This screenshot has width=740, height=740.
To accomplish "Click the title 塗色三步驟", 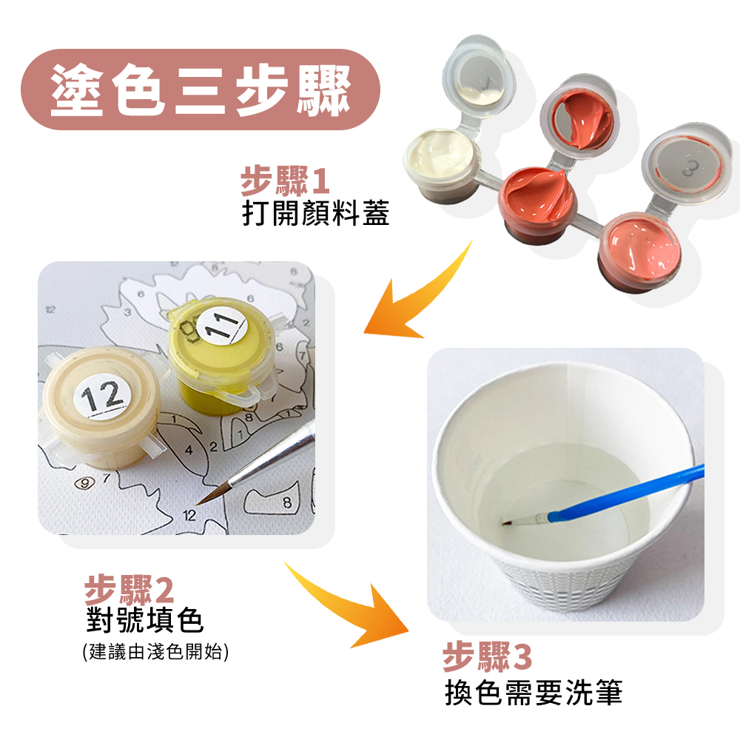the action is [x=201, y=90].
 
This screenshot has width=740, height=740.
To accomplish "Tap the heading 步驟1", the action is [x=285, y=181].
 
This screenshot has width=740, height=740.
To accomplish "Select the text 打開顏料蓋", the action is [x=315, y=213].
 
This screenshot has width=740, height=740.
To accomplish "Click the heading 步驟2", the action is [x=129, y=590].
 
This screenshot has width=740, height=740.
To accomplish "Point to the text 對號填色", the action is [x=144, y=620].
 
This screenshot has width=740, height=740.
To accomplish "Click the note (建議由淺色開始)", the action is [x=155, y=652].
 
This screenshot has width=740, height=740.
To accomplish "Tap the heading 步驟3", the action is [x=487, y=656].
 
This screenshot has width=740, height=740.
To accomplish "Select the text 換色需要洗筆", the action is [x=534, y=693].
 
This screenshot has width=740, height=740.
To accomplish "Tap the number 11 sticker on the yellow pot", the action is [x=222, y=325].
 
